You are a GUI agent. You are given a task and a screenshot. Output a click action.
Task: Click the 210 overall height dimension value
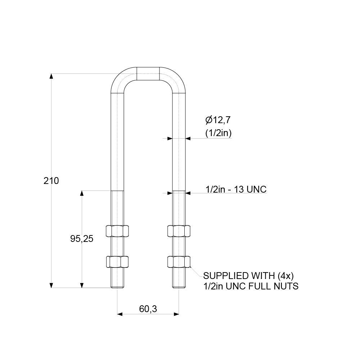(x=51, y=181)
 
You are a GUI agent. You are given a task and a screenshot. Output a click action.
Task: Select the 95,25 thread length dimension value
(x=82, y=238)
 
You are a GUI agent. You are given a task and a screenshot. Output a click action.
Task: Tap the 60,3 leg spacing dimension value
(x=148, y=309)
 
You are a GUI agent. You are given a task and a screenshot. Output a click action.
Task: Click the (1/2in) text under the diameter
(x=218, y=133)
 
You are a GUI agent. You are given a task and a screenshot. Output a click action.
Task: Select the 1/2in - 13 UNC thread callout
(x=236, y=189)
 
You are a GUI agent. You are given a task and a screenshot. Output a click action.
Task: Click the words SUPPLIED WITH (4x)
(x=249, y=276)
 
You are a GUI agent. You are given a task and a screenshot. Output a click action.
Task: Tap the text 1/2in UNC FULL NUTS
(x=251, y=287)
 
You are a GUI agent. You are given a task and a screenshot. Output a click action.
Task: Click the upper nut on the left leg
(x=117, y=231)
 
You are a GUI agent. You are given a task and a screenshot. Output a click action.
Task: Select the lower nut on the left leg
(x=117, y=262)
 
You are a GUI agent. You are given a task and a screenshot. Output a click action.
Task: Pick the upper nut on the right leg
(x=179, y=231)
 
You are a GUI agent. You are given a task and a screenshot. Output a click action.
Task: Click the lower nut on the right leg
(x=179, y=262)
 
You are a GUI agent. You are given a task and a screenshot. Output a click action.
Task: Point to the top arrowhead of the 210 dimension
(x=51, y=76)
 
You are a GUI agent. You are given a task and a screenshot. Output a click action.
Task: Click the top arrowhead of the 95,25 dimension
(x=82, y=193)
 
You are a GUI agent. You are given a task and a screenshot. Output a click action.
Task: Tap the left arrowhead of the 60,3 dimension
(x=120, y=314)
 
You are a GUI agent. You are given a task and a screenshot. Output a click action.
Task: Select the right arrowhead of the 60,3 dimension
(x=176, y=314)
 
